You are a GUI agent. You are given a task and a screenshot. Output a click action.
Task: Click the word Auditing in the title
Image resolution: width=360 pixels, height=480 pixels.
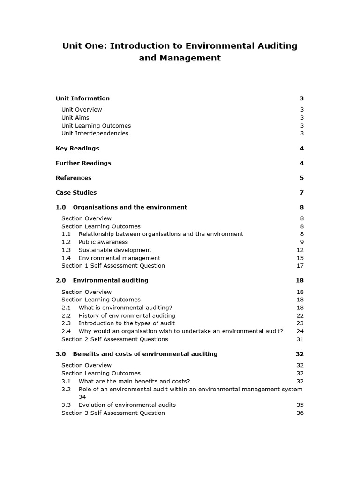coord(275,46)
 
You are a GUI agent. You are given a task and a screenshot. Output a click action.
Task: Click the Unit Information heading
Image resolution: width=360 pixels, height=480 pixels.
coord(82,98)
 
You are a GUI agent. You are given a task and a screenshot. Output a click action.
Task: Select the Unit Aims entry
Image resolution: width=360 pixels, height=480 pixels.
coord(75,118)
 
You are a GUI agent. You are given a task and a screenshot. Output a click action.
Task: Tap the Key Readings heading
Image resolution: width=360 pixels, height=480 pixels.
coord(77,149)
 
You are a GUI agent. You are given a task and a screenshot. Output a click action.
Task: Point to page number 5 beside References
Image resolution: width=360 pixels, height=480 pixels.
coord(302,178)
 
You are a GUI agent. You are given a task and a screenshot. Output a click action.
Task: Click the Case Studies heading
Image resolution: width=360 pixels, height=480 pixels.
coord(76,193)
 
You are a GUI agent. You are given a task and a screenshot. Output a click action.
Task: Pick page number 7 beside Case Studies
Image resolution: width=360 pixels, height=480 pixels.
coord(302,193)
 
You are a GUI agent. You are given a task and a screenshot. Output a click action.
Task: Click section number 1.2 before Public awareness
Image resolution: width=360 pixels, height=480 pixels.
coord(66,242)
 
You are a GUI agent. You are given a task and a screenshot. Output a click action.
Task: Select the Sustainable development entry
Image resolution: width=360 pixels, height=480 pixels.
coord(115,250)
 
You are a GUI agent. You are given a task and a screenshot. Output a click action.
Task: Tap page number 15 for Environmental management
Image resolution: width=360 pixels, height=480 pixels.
coord(300,258)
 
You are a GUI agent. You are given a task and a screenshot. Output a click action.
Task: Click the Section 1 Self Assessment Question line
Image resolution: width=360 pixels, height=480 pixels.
coord(113,266)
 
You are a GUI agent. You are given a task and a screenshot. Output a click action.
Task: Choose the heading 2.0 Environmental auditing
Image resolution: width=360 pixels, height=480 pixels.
coord(102,280)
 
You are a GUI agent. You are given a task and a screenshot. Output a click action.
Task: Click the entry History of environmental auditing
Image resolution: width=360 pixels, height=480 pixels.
coord(127,316)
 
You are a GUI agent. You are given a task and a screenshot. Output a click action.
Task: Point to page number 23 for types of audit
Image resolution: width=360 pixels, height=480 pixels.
coord(300,323)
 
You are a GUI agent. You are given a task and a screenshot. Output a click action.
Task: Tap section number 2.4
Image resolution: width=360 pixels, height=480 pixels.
coord(66,331)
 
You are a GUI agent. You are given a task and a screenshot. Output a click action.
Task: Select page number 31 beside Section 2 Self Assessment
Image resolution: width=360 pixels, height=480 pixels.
coord(300,339)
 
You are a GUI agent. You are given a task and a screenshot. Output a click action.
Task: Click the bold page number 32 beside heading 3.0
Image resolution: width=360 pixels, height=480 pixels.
coord(300,354)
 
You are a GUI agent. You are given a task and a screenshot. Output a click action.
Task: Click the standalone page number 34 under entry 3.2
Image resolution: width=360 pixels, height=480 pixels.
coord(82,397)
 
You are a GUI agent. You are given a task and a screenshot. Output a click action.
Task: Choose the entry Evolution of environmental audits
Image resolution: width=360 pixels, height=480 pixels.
coord(127,405)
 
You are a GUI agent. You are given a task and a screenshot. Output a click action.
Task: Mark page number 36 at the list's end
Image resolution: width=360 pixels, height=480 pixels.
coord(300,413)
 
